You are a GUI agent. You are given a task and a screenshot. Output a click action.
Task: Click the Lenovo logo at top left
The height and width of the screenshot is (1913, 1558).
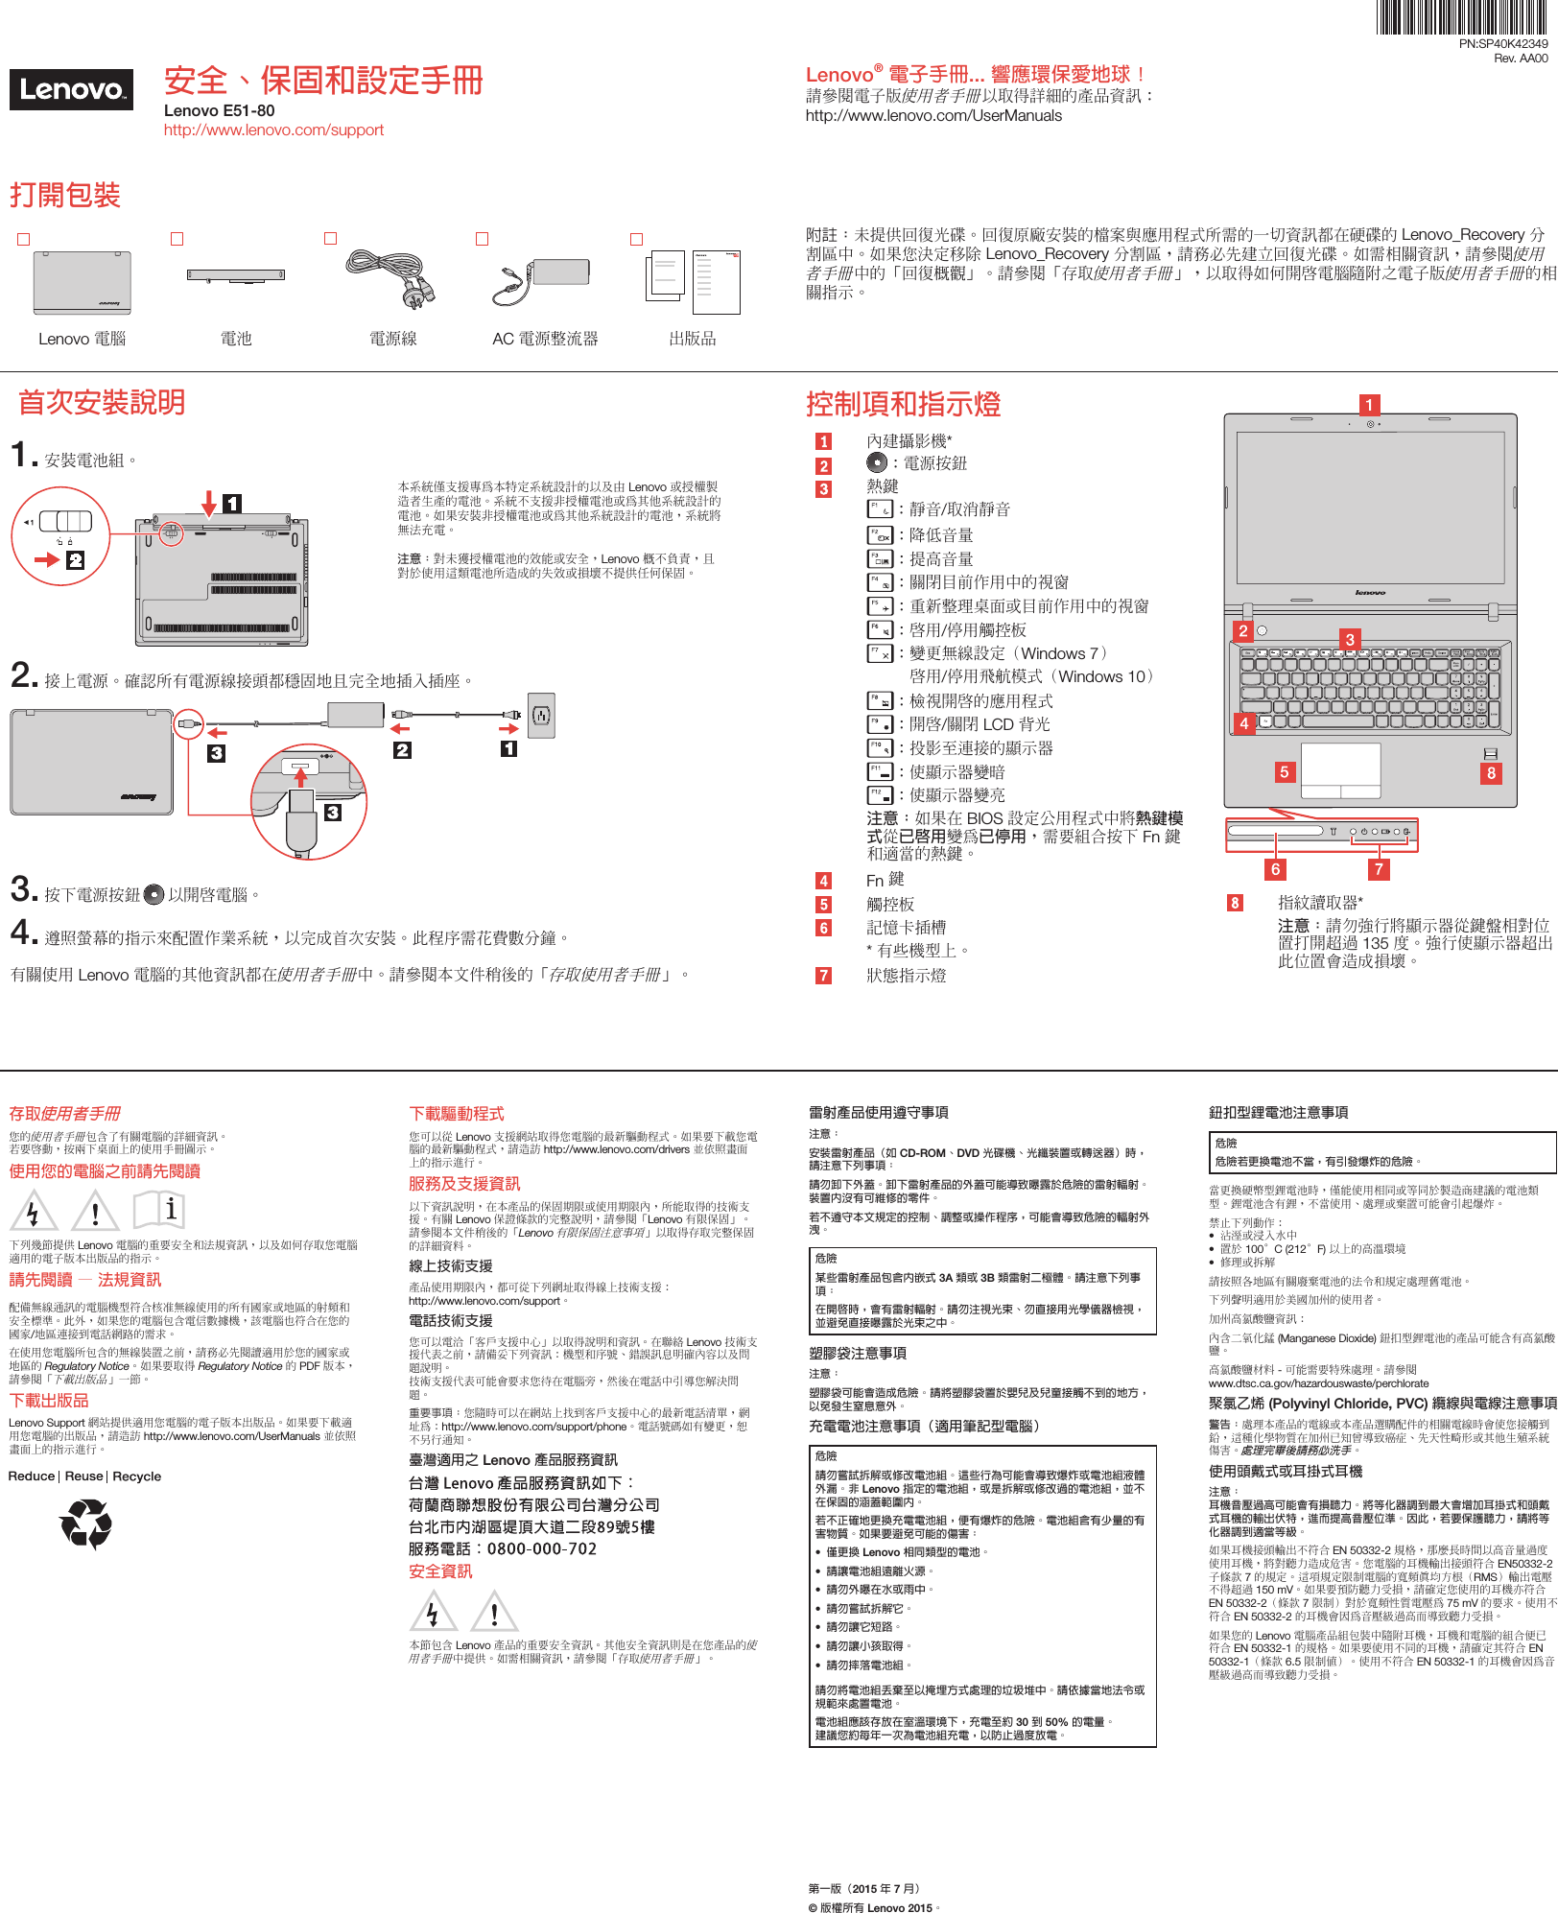71,90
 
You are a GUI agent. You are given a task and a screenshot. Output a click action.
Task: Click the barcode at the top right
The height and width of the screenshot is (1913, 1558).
1462,17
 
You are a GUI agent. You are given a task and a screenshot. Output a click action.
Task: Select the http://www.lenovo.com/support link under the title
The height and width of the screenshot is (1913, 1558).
273,130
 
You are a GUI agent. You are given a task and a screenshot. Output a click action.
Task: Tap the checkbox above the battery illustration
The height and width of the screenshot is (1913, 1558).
177,239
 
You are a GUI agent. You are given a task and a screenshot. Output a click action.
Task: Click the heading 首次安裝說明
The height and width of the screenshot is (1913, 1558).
102,403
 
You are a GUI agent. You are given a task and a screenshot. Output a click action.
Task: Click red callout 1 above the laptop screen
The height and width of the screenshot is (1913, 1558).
1369,405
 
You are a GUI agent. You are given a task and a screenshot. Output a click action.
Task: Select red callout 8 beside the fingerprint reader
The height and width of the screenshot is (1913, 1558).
1490,773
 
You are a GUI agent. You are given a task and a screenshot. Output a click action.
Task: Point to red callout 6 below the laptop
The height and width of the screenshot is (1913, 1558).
1275,869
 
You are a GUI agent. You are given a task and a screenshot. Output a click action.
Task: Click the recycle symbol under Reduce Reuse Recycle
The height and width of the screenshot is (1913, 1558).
86,1523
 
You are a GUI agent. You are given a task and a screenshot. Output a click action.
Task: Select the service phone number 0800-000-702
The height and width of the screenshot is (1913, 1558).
542,1548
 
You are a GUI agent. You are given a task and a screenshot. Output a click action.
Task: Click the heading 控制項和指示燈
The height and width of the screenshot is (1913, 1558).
903,405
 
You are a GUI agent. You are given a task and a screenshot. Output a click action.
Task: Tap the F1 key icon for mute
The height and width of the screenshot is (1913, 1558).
879,509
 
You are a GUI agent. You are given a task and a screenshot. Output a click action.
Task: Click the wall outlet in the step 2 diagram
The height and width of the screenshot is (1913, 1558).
541,715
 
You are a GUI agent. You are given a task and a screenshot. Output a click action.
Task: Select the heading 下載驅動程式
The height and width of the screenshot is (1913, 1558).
457,1114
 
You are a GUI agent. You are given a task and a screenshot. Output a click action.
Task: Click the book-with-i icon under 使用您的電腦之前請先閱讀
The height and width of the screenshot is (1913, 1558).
158,1210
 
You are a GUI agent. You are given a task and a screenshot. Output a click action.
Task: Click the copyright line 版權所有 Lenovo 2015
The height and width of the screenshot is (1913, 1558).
874,1907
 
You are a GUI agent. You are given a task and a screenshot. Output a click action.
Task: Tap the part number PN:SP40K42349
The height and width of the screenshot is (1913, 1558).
1502,44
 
